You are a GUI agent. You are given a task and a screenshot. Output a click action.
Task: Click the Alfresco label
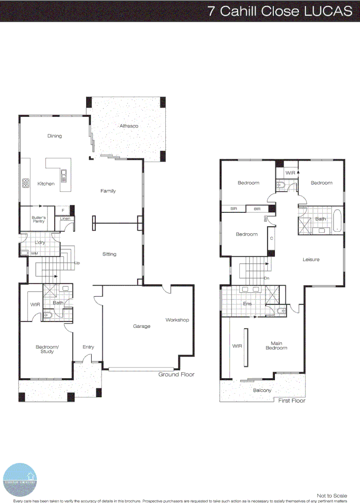(x=129, y=126)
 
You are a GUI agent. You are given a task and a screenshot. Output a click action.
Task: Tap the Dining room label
(x=54, y=136)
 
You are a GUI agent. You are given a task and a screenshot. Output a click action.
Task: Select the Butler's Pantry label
(x=38, y=219)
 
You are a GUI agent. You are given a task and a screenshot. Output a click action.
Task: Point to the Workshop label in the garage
(x=177, y=320)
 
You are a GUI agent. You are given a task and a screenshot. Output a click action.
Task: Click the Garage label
(x=142, y=326)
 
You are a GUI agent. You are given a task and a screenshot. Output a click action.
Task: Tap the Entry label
(x=88, y=347)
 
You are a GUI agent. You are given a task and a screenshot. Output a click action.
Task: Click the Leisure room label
(x=311, y=259)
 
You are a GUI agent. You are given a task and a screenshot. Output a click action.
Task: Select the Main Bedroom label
(x=276, y=346)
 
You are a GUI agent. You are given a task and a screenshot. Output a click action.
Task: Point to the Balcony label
(x=262, y=390)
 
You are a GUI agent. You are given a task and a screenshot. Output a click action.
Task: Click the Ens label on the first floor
(x=247, y=304)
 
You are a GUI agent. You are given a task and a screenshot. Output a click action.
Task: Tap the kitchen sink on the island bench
(x=64, y=176)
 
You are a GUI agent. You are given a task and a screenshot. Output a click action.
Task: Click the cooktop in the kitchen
(x=26, y=184)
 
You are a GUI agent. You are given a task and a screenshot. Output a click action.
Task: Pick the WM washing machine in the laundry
(x=25, y=253)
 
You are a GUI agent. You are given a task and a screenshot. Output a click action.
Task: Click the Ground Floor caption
(x=176, y=374)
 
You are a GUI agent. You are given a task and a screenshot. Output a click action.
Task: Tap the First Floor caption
(x=292, y=401)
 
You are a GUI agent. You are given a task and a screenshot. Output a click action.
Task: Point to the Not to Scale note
(x=332, y=496)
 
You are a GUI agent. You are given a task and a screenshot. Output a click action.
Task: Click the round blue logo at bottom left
(x=20, y=479)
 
